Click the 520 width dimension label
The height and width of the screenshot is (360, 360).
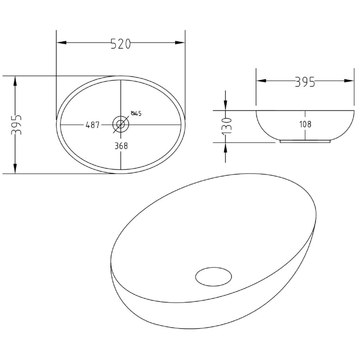[x=120, y=44]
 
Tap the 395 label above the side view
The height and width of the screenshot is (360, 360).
[x=305, y=82]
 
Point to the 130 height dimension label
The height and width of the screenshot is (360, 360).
[x=226, y=126]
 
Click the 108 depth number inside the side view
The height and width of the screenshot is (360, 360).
[x=305, y=124]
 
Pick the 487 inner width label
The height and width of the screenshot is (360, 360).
[x=92, y=125]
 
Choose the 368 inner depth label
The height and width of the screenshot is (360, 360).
[x=120, y=146]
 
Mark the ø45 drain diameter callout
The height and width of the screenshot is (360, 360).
[x=136, y=114]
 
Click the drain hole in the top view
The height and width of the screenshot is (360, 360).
[x=120, y=124]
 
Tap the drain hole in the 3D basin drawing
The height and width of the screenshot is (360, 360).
[x=214, y=276]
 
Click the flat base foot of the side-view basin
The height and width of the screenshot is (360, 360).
[x=305, y=141]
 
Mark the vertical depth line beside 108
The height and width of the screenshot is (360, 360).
[x=305, y=116]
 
